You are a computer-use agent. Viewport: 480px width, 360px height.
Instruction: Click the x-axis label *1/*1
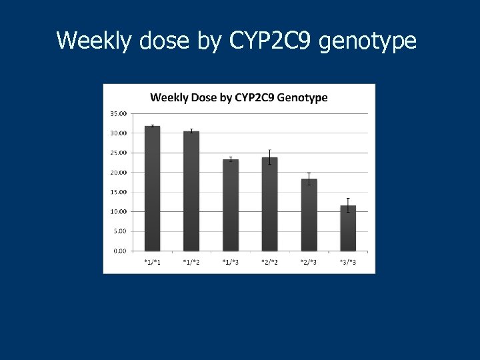point(152,262)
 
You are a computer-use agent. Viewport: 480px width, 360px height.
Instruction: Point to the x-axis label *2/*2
point(269,262)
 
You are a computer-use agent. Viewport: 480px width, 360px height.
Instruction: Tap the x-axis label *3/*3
point(348,262)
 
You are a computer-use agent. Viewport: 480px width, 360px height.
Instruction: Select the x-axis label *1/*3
point(231,262)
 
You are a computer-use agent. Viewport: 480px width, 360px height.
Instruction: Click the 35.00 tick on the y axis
point(118,114)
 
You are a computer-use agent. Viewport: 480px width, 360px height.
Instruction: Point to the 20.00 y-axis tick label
point(118,173)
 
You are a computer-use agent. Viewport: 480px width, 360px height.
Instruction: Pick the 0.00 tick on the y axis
point(119,251)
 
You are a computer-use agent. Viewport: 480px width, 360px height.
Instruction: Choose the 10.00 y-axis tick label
point(118,212)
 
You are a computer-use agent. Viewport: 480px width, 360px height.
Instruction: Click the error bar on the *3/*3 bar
point(348,205)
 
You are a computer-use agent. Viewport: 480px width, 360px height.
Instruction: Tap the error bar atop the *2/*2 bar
point(269,157)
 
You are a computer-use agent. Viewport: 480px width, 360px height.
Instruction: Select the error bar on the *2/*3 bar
point(309,179)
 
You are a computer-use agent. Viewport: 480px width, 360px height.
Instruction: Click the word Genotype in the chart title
point(303,97)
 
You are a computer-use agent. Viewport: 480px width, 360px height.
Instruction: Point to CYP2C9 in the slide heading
point(271,41)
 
